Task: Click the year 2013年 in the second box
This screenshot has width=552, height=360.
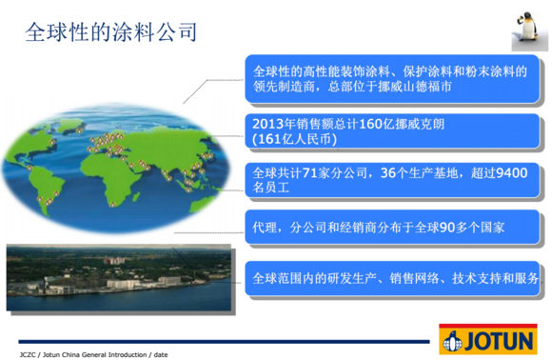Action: (276, 123)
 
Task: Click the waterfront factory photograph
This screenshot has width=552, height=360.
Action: (119, 276)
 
